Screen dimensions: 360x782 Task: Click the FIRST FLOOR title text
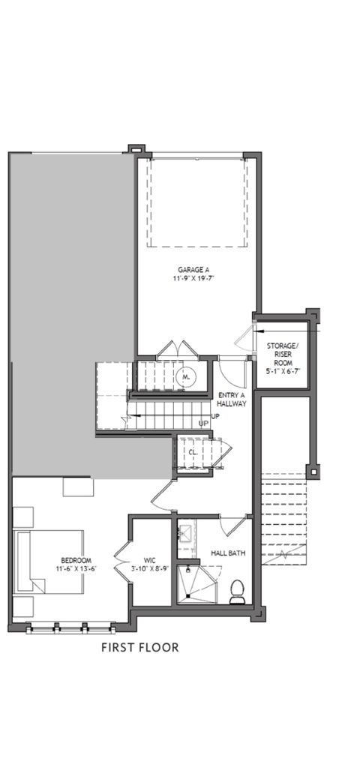click(x=140, y=647)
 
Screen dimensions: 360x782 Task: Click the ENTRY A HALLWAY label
click(x=232, y=400)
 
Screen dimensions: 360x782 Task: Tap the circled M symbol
click(x=186, y=378)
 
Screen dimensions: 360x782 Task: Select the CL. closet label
click(x=193, y=452)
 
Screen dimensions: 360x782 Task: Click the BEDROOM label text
click(x=76, y=560)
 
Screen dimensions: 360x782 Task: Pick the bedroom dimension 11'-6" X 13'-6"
click(x=76, y=569)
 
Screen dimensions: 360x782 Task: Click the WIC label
click(x=149, y=561)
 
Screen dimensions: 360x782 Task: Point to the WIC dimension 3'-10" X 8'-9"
click(x=149, y=569)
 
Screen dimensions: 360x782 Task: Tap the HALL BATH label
click(x=228, y=553)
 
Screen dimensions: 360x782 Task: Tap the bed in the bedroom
click(x=49, y=562)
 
